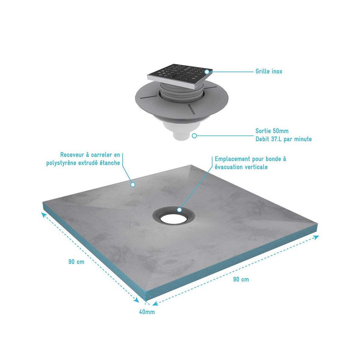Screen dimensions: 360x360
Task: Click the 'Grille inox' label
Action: click(268, 71)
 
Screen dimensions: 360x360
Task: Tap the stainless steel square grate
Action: click(180, 76)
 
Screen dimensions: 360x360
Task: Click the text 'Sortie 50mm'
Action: click(272, 131)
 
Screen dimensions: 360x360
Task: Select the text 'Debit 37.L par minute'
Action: click(283, 139)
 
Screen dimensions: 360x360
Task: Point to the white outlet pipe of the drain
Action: click(181, 135)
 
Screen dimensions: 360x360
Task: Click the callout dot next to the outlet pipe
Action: click(194, 136)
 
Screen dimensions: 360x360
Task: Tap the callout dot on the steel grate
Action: click(206, 72)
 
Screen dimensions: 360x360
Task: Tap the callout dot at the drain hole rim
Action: click(179, 210)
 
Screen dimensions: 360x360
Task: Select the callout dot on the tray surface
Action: click(133, 184)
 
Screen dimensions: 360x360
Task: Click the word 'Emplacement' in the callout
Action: click(232, 159)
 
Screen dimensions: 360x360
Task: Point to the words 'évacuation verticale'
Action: click(241, 167)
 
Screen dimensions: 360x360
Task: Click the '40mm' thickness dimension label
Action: click(147, 312)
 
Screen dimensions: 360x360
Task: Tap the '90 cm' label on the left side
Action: click(76, 262)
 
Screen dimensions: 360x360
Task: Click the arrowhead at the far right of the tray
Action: click(316, 237)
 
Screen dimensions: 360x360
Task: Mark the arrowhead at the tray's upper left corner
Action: click(44, 215)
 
